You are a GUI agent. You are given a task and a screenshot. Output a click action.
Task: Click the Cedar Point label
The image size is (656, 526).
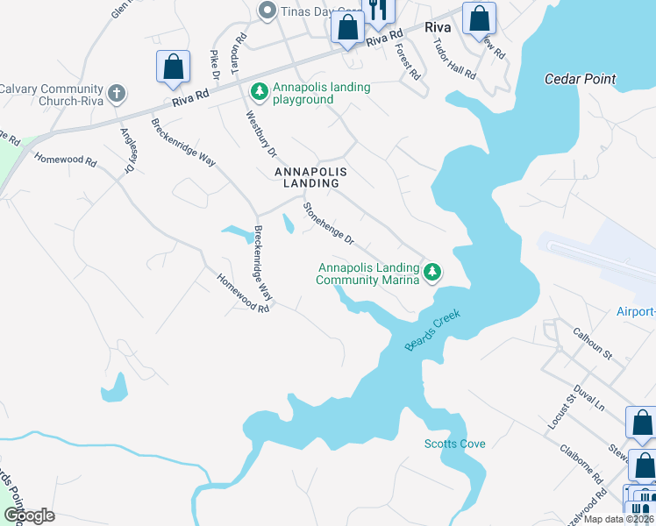(x=580, y=79)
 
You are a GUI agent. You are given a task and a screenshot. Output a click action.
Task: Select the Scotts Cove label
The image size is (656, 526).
(x=454, y=444)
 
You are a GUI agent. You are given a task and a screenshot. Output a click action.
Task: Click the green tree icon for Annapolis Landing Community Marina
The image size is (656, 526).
(x=431, y=273)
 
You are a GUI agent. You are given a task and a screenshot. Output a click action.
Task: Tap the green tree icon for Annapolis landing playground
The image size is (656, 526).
(x=260, y=91)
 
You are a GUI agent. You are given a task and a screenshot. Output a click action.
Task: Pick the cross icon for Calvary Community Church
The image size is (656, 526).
(x=116, y=93)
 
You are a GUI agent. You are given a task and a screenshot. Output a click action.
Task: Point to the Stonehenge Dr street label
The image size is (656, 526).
(x=328, y=224)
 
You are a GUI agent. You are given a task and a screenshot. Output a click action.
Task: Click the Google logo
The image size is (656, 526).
(x=29, y=515)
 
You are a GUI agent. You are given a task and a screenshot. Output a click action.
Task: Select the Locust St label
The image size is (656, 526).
(x=560, y=410)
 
